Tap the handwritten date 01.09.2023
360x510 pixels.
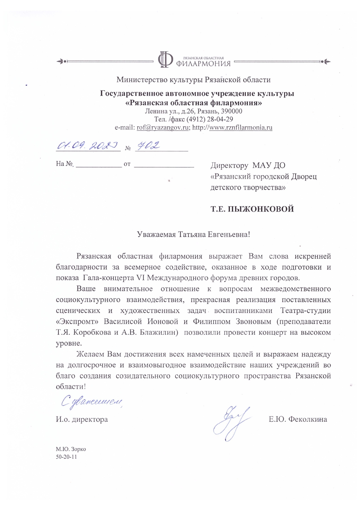coord(87,145)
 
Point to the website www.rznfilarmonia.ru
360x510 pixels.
coord(241,127)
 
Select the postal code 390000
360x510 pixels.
coord(232,111)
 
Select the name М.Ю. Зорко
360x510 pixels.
coord(71,449)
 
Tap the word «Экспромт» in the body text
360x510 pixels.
coord(78,322)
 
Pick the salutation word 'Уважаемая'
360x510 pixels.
coord(156,235)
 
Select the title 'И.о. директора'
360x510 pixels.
coord(82,420)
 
